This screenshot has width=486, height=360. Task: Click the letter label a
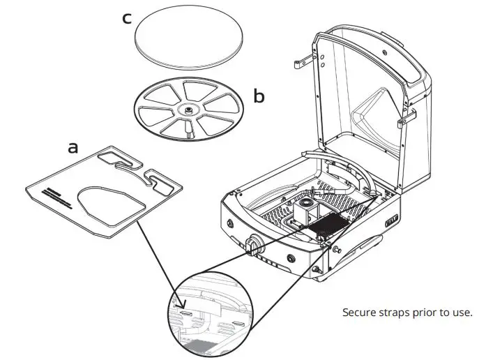point(73,147)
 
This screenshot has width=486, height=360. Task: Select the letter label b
point(259,97)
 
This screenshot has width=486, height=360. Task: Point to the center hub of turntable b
point(189,110)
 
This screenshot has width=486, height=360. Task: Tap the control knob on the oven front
point(252,246)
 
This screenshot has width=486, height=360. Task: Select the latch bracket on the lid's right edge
point(402,122)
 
